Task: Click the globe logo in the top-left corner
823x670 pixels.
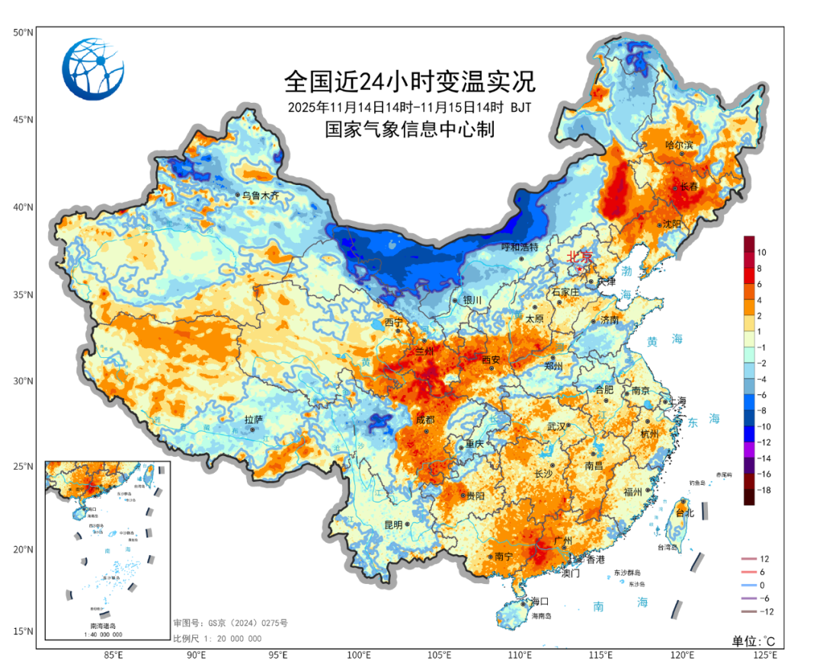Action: (x=93, y=69)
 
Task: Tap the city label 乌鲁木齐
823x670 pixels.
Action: (x=261, y=196)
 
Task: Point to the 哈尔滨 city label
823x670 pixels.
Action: (x=680, y=145)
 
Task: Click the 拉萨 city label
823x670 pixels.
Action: (x=254, y=420)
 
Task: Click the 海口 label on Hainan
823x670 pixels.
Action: (x=540, y=601)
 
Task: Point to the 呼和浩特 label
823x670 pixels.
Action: (x=520, y=247)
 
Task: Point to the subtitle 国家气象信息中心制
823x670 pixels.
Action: (x=410, y=129)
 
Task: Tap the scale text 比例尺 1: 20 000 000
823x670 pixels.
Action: (x=217, y=638)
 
